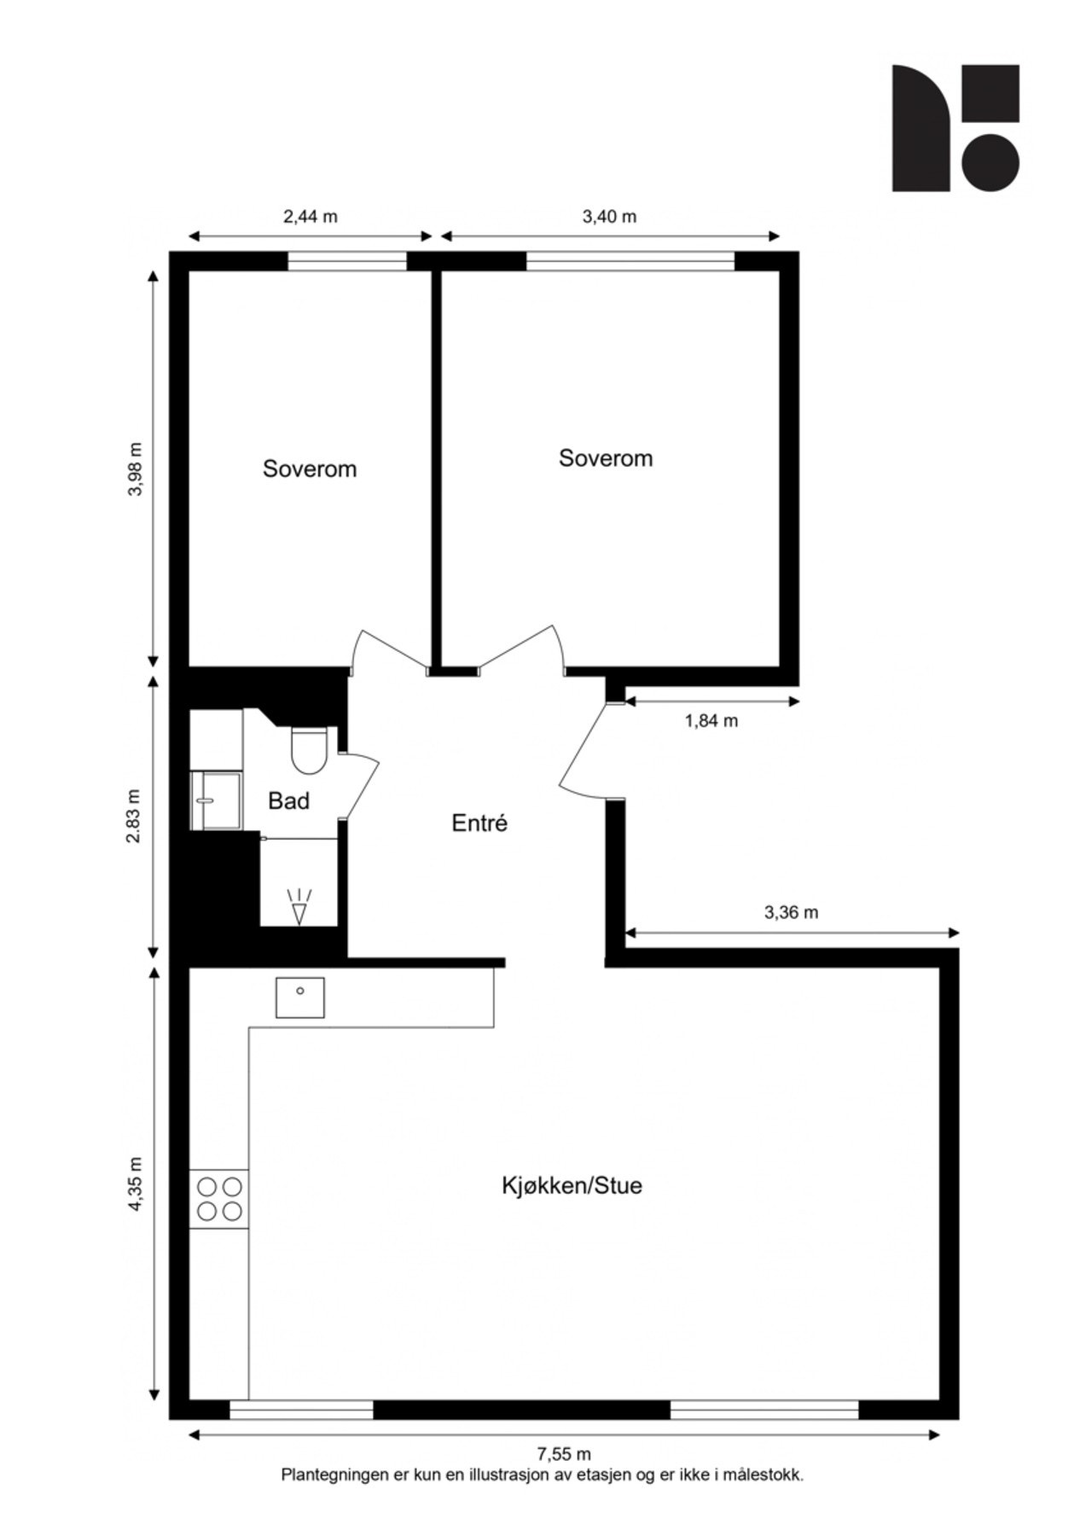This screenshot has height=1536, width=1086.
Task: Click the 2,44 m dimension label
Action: [310, 217]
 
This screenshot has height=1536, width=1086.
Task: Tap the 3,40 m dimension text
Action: [609, 217]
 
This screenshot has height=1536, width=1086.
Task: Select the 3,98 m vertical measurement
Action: [135, 468]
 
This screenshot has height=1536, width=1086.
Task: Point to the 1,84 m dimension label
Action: [711, 721]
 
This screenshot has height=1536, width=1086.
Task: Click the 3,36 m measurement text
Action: [791, 912]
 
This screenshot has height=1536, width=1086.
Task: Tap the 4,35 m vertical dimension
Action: [135, 1184]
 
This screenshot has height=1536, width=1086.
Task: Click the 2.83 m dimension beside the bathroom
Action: [135, 817]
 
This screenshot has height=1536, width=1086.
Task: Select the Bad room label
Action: [288, 801]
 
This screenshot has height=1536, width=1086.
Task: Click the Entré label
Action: [479, 823]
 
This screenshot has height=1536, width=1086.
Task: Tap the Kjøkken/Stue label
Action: [572, 1185]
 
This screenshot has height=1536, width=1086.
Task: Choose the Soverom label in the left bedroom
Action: [310, 469]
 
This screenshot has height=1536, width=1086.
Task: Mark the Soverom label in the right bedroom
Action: [606, 458]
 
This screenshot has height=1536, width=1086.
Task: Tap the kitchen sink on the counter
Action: [299, 997]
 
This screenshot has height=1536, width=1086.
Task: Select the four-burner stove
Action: [219, 1198]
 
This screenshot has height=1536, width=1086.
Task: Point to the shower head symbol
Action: [299, 908]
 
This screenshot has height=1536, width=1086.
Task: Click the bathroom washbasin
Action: [217, 800]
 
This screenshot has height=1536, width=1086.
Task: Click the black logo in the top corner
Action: [955, 128]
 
